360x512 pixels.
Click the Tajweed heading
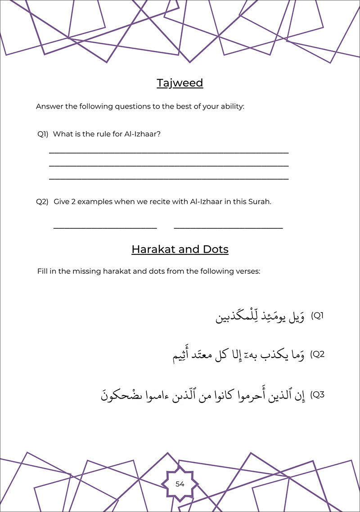(x=180, y=83)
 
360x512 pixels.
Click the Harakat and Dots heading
(x=180, y=249)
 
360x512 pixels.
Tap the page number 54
(x=180, y=484)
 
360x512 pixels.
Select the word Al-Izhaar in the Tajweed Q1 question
(x=142, y=134)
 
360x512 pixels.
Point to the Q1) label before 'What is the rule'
(x=43, y=134)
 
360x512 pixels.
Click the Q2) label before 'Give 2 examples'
(x=42, y=202)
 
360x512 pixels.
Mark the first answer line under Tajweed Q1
(x=169, y=153)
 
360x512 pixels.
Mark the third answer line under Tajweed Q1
(x=169, y=179)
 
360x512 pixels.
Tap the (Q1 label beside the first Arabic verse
(x=318, y=316)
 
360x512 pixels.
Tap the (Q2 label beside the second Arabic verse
(x=318, y=354)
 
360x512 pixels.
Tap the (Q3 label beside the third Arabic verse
(x=318, y=395)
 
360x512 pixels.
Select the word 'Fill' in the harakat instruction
(x=43, y=272)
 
